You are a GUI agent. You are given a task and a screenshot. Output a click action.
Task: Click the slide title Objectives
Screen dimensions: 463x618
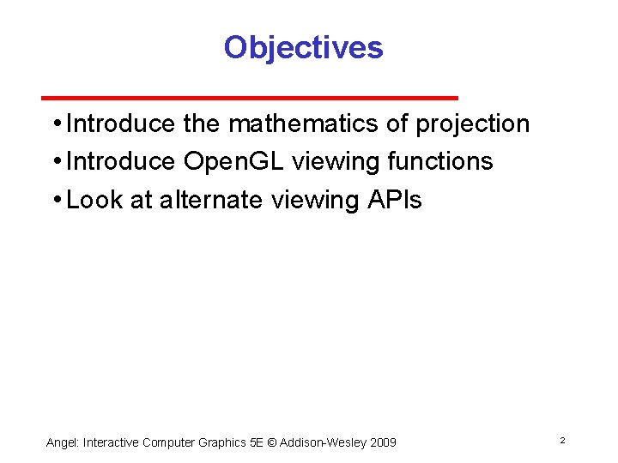tap(303, 47)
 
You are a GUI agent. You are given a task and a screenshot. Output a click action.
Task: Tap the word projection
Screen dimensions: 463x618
tap(472, 124)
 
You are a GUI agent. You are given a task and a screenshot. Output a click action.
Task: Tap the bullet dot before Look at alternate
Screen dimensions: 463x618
tap(56, 201)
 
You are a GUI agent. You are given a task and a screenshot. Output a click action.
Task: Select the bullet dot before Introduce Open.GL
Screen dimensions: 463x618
tap(56, 162)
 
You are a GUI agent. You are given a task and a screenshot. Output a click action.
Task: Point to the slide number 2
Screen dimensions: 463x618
tap(562, 440)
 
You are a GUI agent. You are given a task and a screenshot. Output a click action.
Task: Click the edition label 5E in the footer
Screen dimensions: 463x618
tap(257, 442)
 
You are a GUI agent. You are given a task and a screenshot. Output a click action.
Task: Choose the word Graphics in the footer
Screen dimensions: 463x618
tap(221, 442)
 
